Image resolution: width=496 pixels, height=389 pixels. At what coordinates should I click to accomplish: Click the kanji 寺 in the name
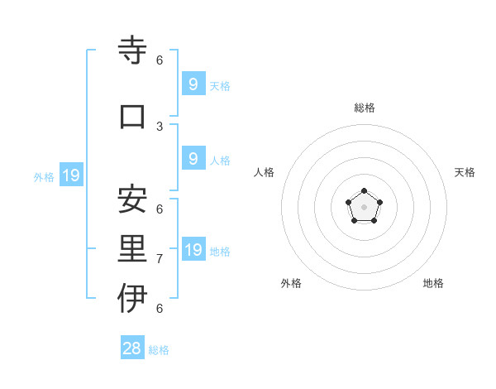tap(132, 51)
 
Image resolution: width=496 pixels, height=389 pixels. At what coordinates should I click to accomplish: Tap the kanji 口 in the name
tap(132, 116)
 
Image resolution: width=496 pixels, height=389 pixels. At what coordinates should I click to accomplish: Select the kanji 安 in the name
tap(132, 199)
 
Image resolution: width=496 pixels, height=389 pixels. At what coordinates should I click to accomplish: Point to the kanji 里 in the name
tap(132, 249)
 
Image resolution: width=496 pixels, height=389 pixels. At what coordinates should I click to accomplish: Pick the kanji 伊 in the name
tap(132, 299)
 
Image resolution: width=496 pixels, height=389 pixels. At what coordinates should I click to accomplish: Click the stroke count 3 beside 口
tap(160, 126)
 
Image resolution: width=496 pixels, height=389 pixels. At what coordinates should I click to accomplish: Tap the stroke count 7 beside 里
tap(160, 259)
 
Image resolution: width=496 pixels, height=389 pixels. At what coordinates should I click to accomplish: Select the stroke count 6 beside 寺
tap(160, 60)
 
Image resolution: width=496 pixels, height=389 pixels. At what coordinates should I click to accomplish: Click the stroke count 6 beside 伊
tap(160, 309)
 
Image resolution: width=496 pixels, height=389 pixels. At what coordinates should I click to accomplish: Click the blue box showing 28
tap(132, 348)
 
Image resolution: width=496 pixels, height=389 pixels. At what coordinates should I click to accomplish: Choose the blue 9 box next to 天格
tap(193, 84)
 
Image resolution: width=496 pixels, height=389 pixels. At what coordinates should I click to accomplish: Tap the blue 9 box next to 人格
tap(193, 159)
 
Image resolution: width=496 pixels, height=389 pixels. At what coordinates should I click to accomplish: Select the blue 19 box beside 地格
tap(193, 250)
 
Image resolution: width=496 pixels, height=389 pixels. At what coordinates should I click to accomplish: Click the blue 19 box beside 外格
tap(70, 175)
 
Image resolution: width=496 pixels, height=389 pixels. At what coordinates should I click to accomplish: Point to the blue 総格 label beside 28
tap(159, 350)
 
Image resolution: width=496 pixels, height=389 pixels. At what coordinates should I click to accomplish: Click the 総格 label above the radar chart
tap(365, 108)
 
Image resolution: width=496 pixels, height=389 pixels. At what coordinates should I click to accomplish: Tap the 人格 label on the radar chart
tap(265, 172)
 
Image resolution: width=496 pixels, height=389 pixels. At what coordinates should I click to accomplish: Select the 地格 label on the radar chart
tap(433, 283)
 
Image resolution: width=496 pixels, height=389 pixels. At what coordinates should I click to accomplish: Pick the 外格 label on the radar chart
tap(291, 283)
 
